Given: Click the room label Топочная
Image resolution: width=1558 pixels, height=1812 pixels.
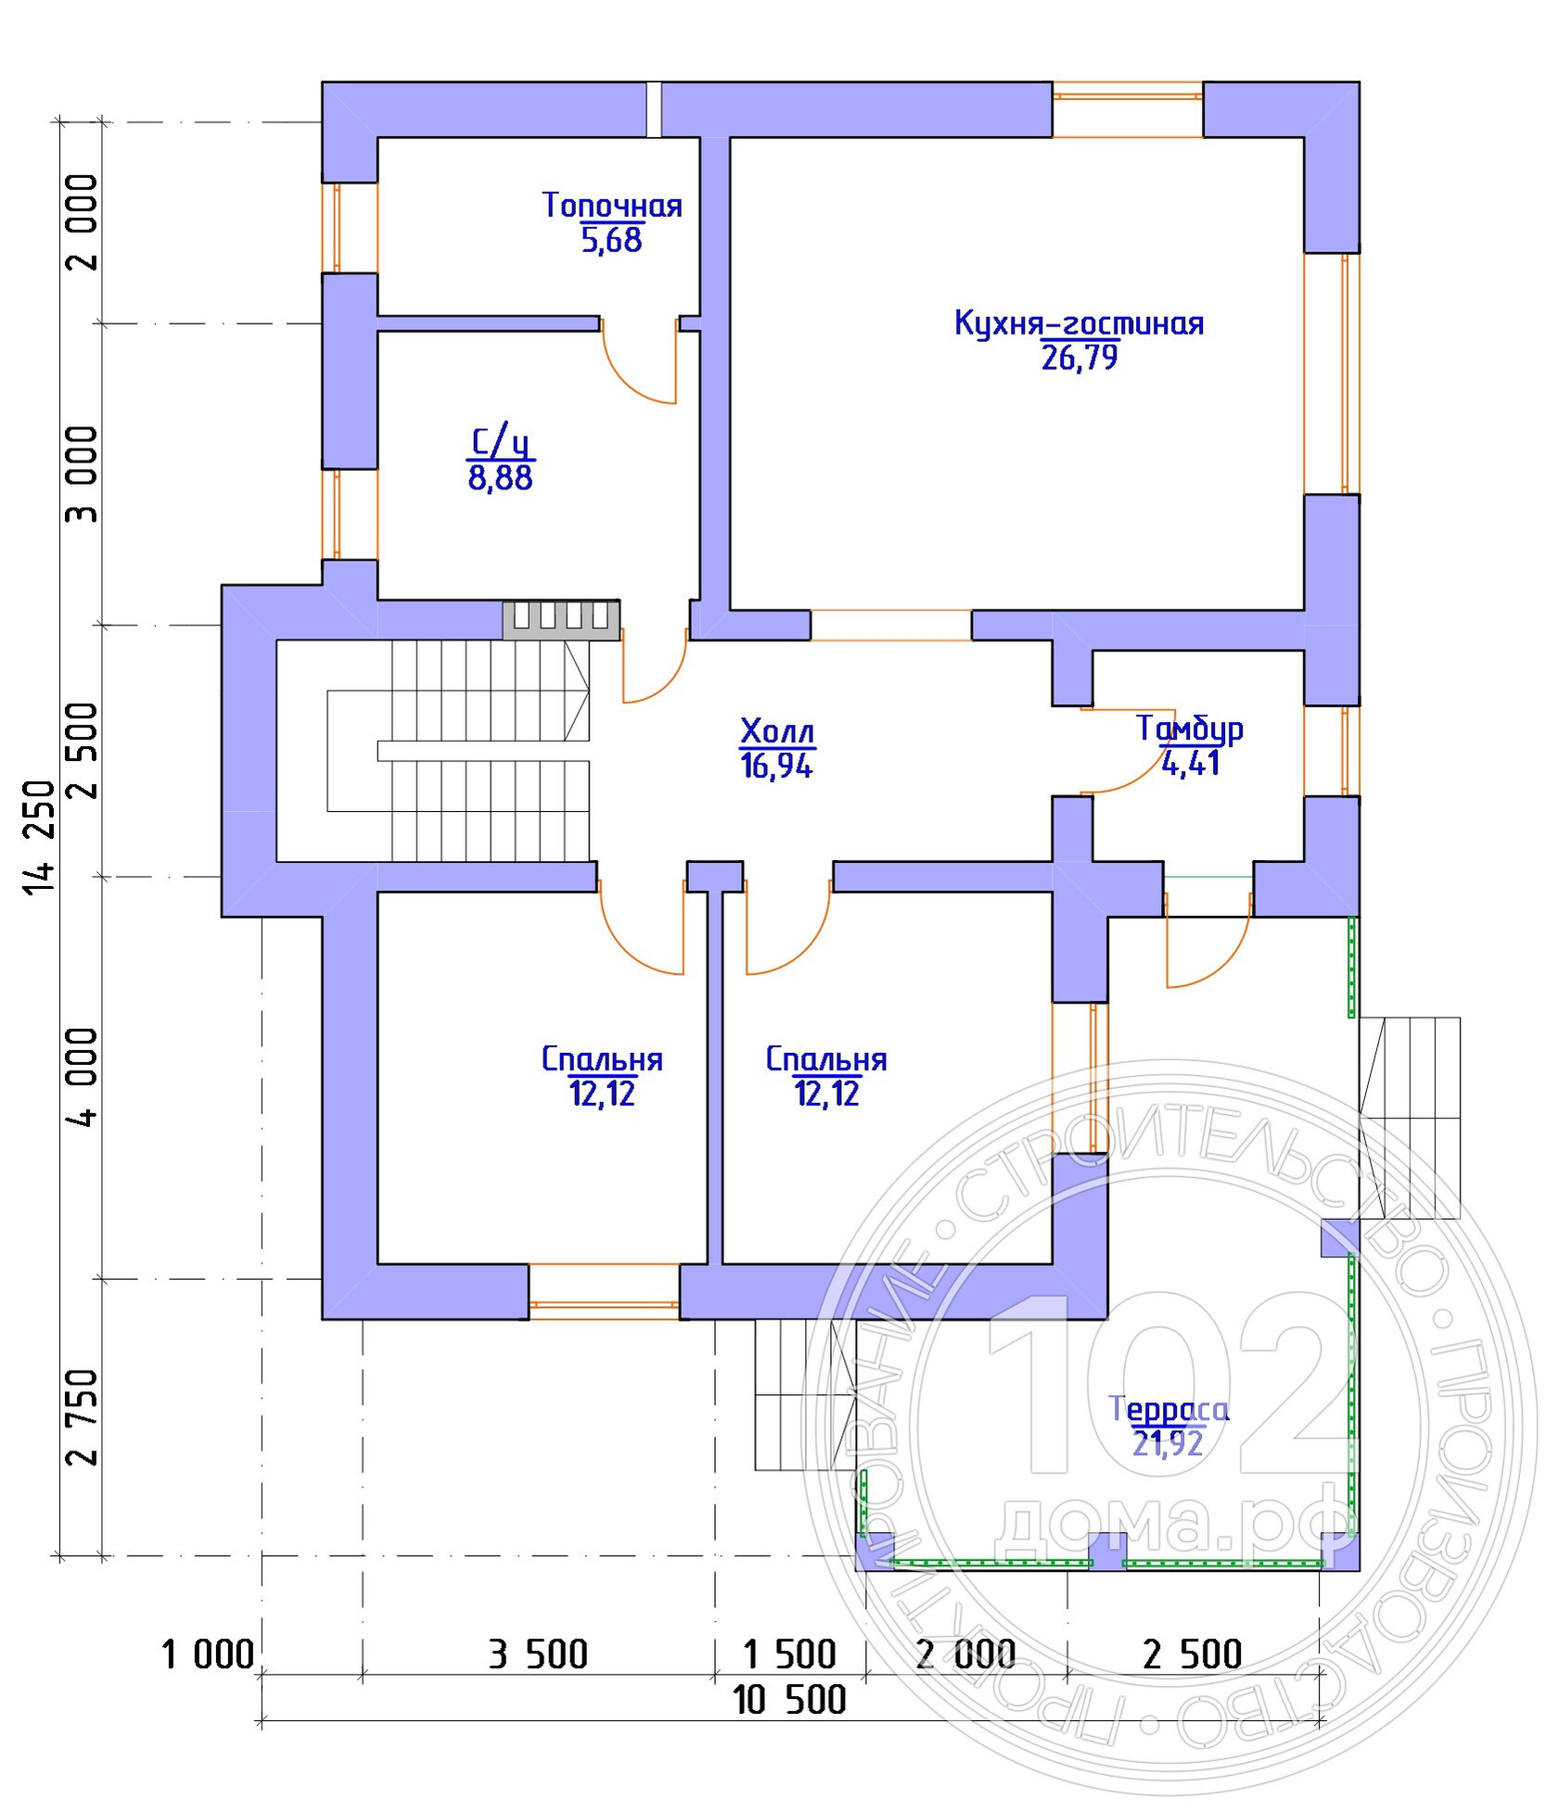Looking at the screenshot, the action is point(612,205).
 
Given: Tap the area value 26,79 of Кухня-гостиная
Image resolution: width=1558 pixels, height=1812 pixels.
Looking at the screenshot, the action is point(1079,358).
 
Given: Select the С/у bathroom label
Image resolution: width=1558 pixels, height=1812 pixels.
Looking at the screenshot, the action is point(501,442).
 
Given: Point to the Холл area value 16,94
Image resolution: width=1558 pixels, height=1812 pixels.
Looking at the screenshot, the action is point(777,766).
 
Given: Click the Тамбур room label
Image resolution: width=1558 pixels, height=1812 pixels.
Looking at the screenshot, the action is point(1191,729).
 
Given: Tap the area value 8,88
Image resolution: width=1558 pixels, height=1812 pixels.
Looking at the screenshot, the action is point(501,478).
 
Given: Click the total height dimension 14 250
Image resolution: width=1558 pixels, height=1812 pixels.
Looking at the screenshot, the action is point(40,838).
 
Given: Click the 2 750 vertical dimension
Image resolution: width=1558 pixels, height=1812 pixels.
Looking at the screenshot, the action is point(83,1416).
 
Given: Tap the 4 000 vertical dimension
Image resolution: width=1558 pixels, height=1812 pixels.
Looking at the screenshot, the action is point(83,1077).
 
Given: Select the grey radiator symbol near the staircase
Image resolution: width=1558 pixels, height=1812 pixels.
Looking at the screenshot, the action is point(562,620).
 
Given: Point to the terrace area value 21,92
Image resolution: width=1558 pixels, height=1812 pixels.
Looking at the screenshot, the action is point(1168,1444).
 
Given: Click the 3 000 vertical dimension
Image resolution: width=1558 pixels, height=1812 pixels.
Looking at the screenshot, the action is point(83,474).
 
